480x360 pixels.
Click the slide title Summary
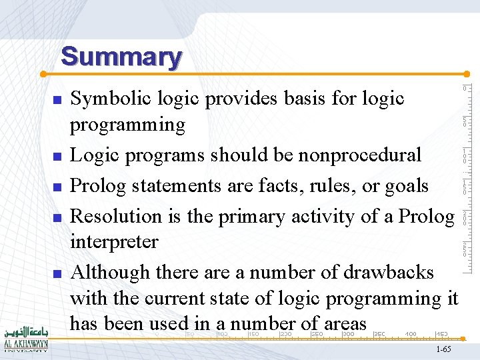pos(121,57)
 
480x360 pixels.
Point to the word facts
pos(277,185)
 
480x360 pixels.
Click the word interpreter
pos(114,241)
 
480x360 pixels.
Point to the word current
pos(187,298)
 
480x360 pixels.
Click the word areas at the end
pos(344,324)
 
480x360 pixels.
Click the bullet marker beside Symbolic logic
pos(57,100)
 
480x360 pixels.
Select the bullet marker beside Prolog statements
pos(57,187)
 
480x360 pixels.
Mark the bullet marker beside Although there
pos(57,274)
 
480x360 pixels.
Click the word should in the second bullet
pos(237,155)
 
